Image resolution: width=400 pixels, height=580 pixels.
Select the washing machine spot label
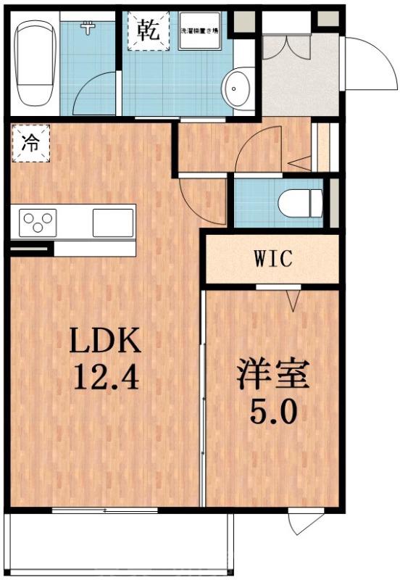199,31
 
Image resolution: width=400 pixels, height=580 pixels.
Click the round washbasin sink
237,90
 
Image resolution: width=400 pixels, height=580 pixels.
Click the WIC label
272,258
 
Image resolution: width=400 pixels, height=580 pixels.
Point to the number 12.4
103,377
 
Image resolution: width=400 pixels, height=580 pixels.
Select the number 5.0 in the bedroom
273,413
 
